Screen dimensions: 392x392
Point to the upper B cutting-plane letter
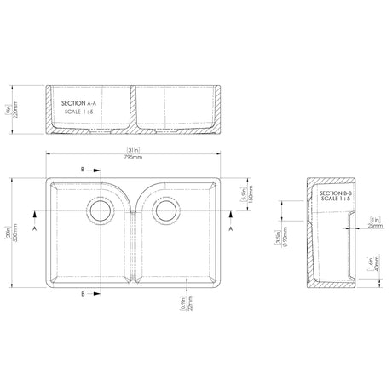click(82, 170)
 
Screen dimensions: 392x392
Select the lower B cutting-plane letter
click(82, 294)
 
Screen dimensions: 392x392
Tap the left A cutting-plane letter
click(34, 229)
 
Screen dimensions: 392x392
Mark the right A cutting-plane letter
click(231, 229)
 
